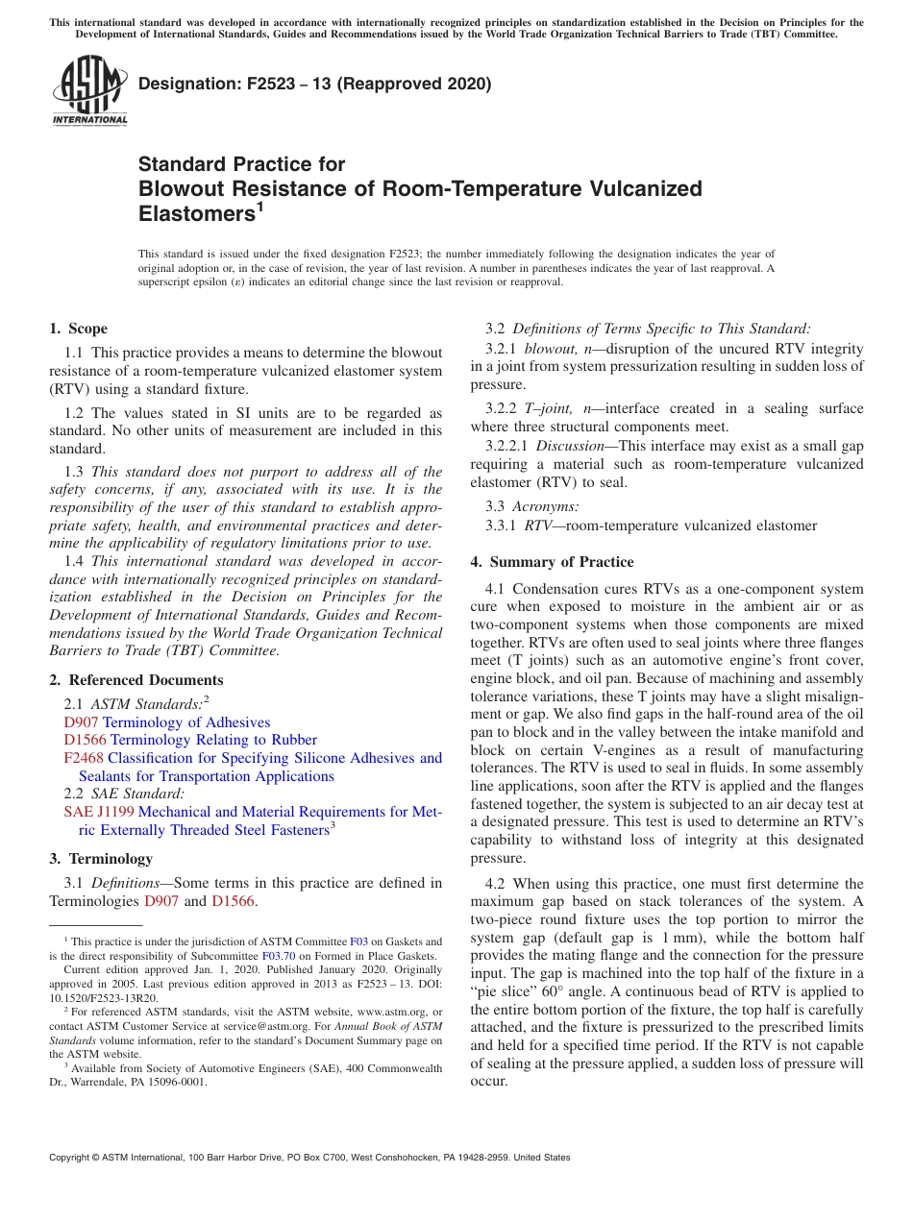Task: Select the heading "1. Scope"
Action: coord(79,329)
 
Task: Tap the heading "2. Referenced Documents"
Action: coord(136,680)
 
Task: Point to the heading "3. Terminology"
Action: coord(101,858)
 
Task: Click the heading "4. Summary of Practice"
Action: coord(553,562)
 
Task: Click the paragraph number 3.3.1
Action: coord(501,525)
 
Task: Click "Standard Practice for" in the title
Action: coord(241,164)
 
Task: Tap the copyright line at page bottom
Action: coord(309,1158)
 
